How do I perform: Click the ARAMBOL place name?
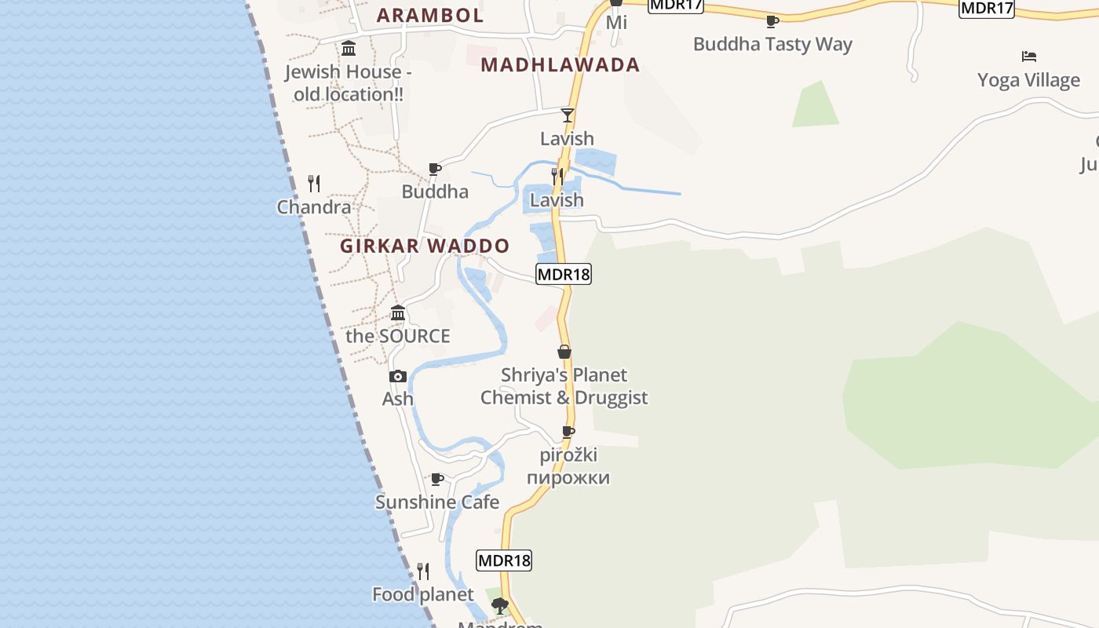click(429, 15)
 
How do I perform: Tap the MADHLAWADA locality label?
click(560, 64)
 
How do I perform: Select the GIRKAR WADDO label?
click(425, 246)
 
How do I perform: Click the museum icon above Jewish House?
click(349, 49)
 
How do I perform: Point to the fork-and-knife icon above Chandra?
click(314, 184)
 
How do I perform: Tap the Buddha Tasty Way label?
click(772, 44)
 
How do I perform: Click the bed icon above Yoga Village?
click(1029, 57)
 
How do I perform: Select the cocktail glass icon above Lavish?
click(568, 115)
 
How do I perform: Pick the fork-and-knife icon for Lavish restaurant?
click(557, 176)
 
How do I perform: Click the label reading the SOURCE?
click(398, 336)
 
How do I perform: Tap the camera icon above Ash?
click(398, 376)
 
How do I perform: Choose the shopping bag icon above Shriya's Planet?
click(564, 352)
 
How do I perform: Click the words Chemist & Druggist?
click(564, 397)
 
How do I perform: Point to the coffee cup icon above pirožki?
click(568, 432)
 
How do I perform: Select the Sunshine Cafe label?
click(437, 502)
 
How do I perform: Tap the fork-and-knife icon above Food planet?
click(423, 571)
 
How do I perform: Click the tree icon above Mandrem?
click(499, 606)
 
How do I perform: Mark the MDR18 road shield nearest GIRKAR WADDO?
click(563, 274)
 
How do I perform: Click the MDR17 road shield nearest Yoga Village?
click(987, 8)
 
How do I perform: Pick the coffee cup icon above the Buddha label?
click(435, 169)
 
